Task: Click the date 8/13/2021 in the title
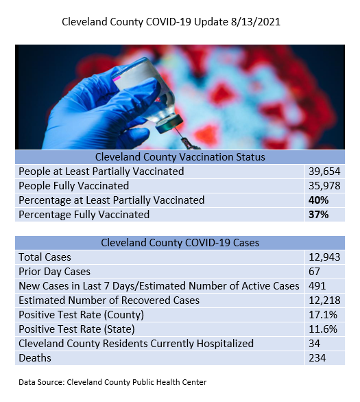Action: point(256,22)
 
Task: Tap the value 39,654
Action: point(324,172)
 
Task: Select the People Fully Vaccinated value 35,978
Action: point(324,186)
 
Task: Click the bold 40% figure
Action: point(318,200)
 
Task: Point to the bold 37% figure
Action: point(318,214)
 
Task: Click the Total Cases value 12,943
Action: point(324,257)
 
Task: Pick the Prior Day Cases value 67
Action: point(314,272)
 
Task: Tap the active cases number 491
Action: point(317,286)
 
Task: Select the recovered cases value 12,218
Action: point(324,300)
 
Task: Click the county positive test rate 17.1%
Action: point(323,315)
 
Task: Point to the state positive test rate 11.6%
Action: point(323,329)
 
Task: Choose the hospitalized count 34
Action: point(314,343)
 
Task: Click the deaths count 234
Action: point(317,358)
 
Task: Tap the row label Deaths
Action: point(35,358)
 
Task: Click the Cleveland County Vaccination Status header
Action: point(180,157)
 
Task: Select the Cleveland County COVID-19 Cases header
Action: point(180,243)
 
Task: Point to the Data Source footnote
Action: point(112,382)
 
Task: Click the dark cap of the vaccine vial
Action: point(169,123)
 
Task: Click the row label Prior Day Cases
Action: point(54,272)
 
